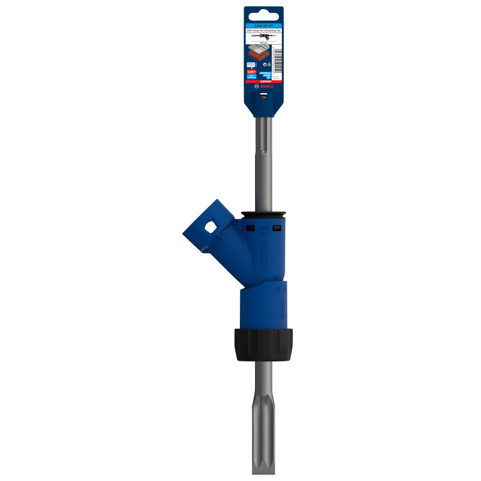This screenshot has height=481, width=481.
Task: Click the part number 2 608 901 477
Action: pyautogui.click(x=263, y=25)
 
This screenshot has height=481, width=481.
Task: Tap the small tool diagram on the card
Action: pyautogui.click(x=263, y=37)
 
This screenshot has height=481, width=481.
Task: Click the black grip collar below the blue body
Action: pyautogui.click(x=263, y=345)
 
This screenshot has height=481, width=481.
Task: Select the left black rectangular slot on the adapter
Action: pyautogui.click(x=250, y=228)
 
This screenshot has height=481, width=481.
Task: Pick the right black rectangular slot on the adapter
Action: pyautogui.click(x=277, y=228)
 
